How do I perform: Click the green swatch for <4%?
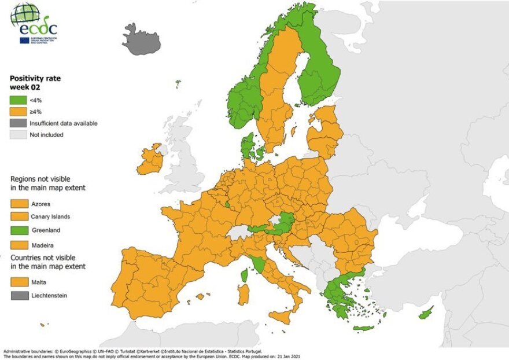pyautogui.click(x=19, y=100)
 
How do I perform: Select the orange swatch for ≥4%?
pyautogui.click(x=19, y=112)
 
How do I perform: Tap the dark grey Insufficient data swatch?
pyautogui.click(x=19, y=123)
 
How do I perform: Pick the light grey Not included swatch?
pyautogui.click(x=19, y=135)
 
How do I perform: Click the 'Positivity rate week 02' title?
pyautogui.click(x=35, y=82)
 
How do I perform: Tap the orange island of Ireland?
pyautogui.click(x=150, y=160)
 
